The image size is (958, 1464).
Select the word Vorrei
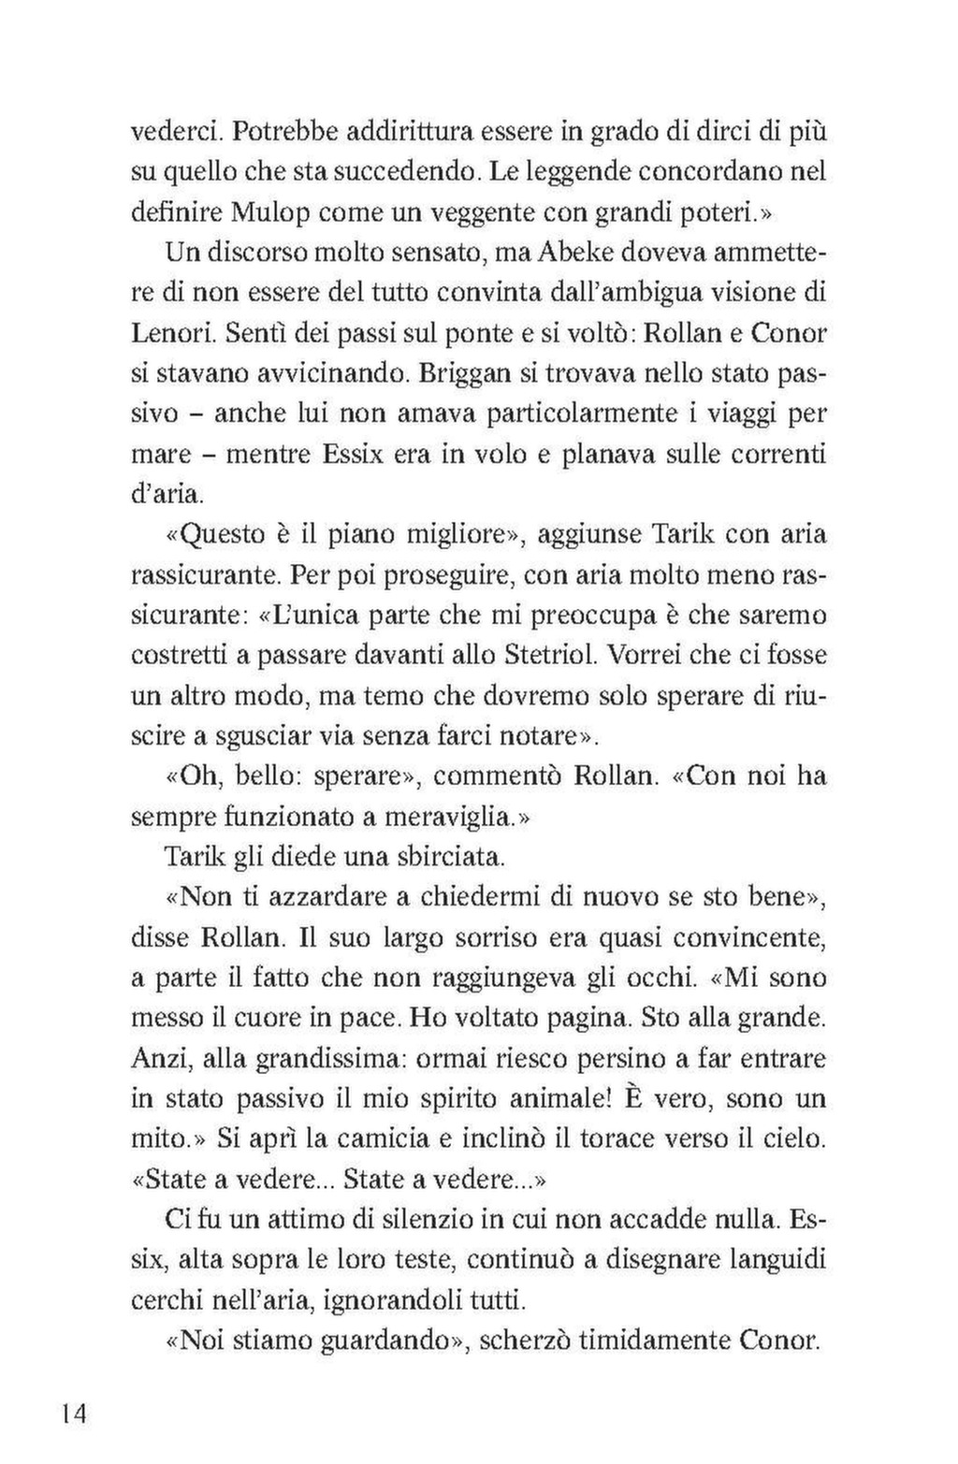click(x=647, y=655)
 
